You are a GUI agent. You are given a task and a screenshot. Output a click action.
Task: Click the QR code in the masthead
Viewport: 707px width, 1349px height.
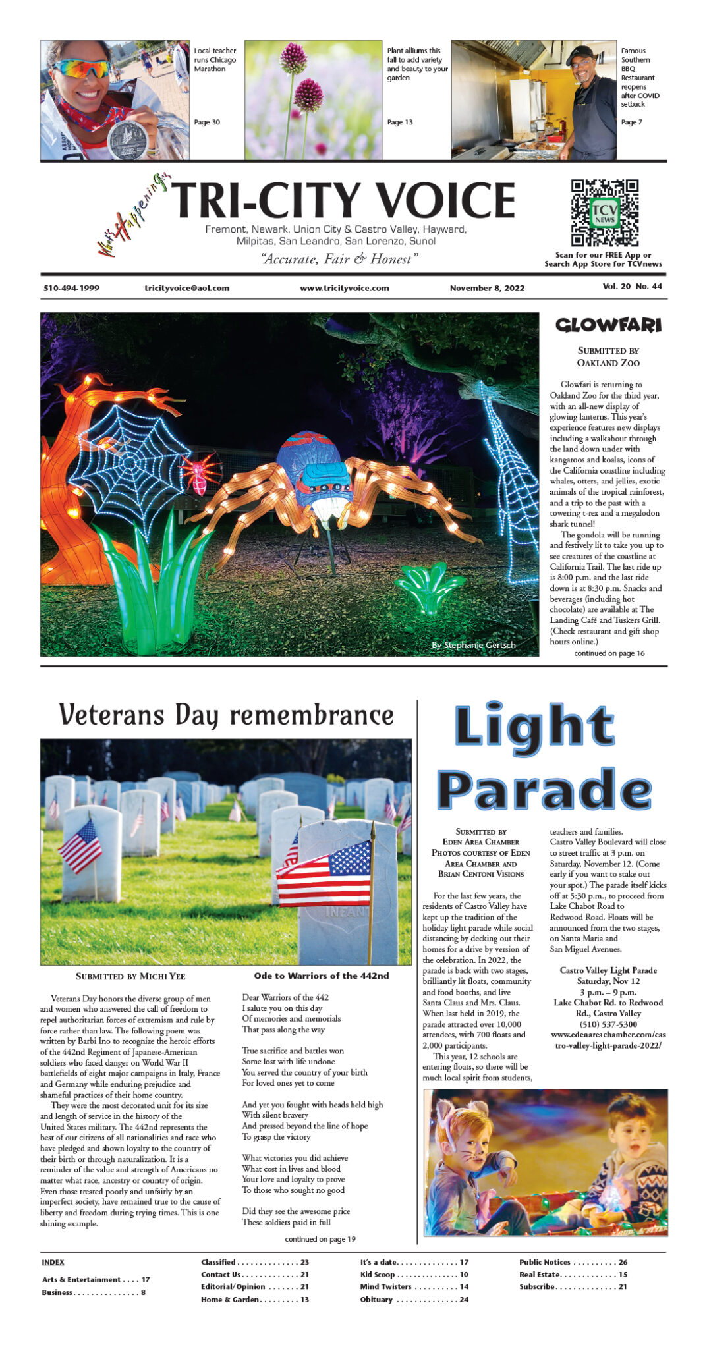[604, 212]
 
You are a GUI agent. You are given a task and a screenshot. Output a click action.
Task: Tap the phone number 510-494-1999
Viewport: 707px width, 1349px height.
[71, 288]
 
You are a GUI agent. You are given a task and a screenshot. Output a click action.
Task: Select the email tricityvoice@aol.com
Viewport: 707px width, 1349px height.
[186, 288]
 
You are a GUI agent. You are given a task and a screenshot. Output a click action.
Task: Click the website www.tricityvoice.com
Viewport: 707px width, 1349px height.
[344, 288]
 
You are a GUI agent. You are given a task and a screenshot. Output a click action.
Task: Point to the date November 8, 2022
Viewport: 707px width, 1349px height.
[487, 288]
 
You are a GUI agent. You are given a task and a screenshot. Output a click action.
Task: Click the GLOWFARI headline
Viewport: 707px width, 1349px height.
[608, 325]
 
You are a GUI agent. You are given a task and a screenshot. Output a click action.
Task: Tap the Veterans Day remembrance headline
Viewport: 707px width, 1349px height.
[226, 715]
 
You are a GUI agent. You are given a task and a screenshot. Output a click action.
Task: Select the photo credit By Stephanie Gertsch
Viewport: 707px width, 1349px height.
[473, 645]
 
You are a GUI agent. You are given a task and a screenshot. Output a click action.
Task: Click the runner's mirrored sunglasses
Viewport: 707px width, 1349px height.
[81, 68]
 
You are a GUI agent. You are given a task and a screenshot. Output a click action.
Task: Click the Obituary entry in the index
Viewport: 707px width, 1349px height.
[376, 1300]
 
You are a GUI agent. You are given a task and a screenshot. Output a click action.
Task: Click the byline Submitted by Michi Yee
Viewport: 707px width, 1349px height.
[130, 976]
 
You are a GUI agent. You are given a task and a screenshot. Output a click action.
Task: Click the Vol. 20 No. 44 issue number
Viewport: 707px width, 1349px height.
[632, 287]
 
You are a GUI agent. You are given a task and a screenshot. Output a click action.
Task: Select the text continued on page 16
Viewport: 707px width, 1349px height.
[609, 653]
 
